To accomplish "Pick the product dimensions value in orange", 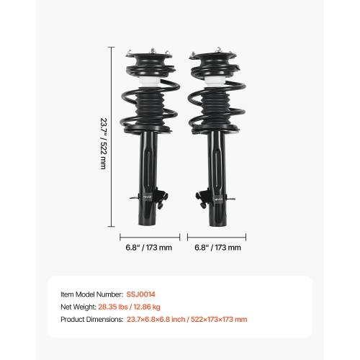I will click(x=187, y=319).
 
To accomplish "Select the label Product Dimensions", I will click(x=92, y=319).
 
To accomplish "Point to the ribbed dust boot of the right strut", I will click(x=215, y=112).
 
